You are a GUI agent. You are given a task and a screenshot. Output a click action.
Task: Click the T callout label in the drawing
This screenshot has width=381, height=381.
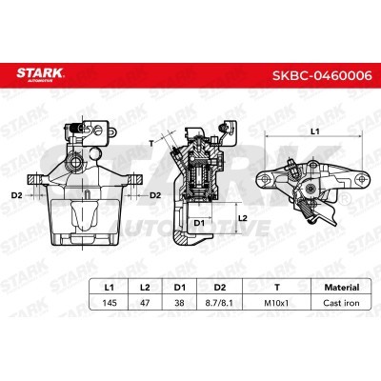pos(150,141)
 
